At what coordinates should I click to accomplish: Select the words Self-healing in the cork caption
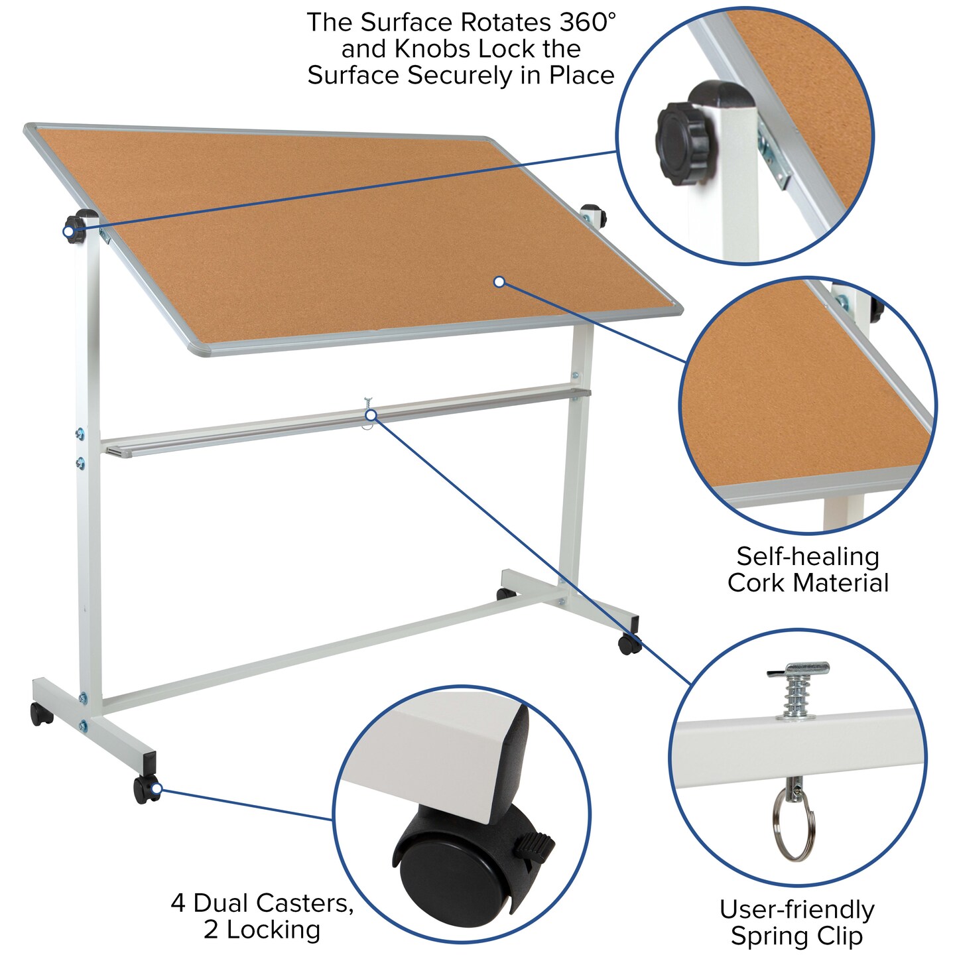(808, 556)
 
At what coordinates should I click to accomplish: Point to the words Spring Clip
(796, 936)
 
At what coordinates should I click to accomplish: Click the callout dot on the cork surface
(499, 282)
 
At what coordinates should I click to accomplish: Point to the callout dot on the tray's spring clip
(371, 415)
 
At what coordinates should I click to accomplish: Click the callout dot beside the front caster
(157, 789)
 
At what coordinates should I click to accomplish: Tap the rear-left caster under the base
(41, 714)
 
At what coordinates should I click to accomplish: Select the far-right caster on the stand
(629, 643)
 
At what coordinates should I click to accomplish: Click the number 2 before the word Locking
(211, 930)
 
